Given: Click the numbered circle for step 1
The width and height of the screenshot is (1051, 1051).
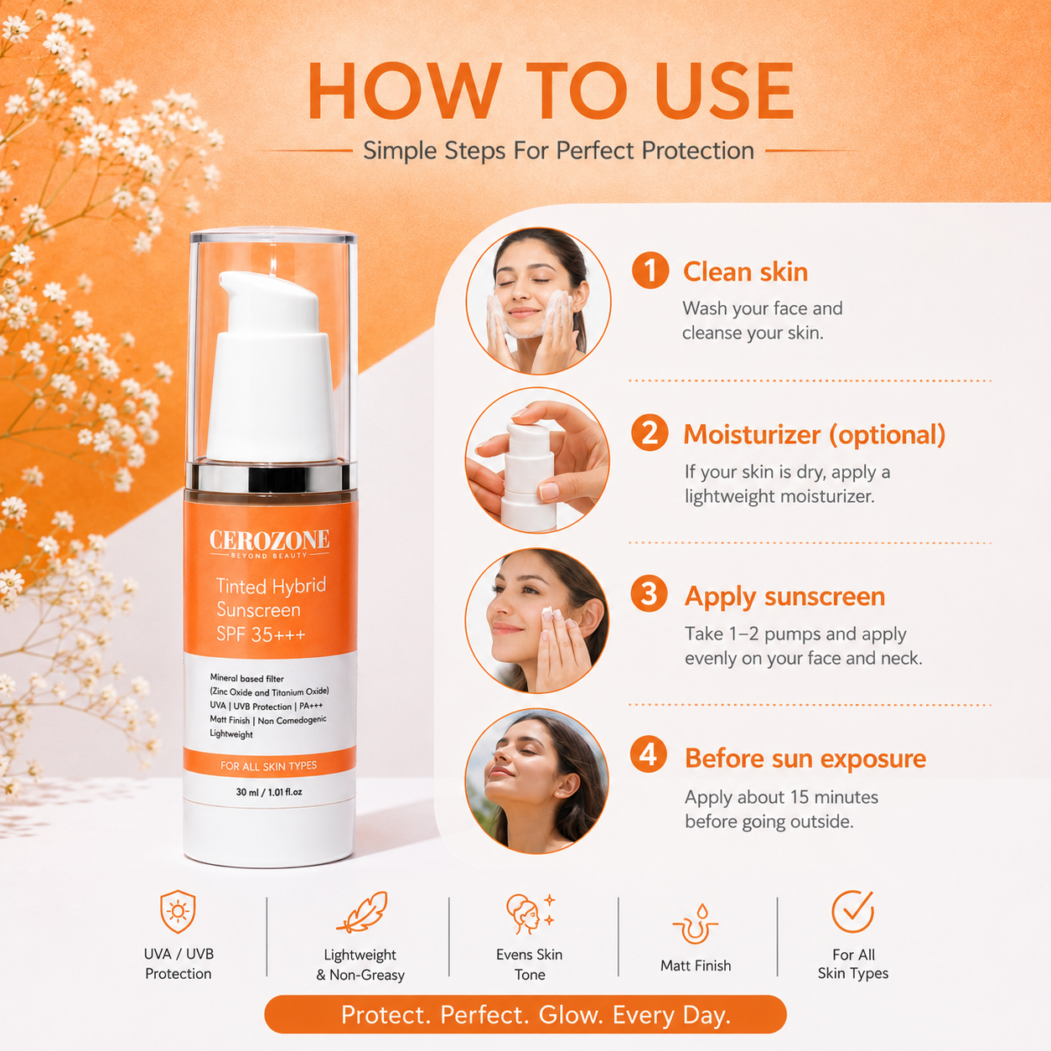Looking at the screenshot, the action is (x=650, y=271).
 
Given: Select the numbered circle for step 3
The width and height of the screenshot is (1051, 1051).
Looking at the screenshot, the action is (x=649, y=594).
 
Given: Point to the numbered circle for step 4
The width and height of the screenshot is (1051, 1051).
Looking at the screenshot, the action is (x=649, y=755).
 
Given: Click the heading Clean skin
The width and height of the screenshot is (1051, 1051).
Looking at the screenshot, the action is (x=745, y=272).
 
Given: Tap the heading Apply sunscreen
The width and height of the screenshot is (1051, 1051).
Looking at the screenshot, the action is (x=784, y=597).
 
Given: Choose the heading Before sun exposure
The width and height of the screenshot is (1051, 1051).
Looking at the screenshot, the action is (x=805, y=758).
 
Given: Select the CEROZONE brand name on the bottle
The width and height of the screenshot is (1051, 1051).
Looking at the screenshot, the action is (x=269, y=540).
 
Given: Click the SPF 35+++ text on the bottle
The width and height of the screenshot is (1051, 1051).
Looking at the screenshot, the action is (x=261, y=634).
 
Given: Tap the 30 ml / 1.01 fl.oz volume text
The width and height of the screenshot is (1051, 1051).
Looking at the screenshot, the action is (x=269, y=792).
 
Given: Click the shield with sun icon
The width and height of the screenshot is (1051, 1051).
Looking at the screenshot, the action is (x=178, y=912).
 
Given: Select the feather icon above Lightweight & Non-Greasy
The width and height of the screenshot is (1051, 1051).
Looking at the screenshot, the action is (x=361, y=913).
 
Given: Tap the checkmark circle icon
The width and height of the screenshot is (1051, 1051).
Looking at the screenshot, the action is (x=853, y=911).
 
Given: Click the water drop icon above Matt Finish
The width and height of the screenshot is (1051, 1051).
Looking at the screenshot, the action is (x=696, y=924).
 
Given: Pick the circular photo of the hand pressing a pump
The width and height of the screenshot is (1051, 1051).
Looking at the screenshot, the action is (x=538, y=460).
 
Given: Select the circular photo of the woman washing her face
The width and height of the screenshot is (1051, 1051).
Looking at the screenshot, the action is (x=538, y=301).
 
